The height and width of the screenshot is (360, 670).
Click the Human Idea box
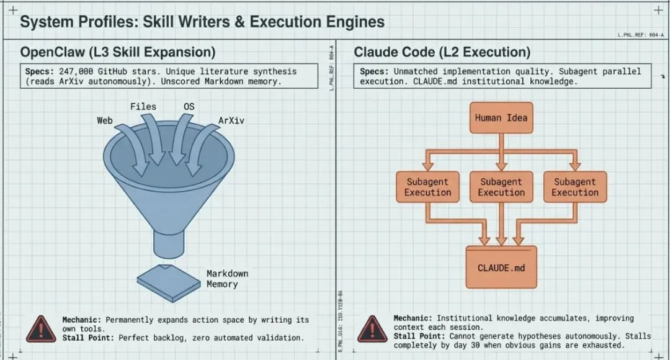click(x=501, y=117)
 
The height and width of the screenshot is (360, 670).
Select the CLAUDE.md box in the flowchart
click(x=501, y=268)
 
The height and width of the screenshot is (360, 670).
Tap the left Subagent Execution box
click(x=427, y=187)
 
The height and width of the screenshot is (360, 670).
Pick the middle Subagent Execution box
click(x=501, y=187)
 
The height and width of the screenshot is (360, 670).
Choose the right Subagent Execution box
click(x=574, y=187)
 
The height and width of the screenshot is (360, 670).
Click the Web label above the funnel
click(x=105, y=120)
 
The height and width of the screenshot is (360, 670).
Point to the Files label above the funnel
click(x=143, y=107)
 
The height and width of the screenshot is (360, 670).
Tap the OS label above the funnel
click(x=189, y=107)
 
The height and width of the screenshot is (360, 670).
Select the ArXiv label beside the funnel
click(x=231, y=120)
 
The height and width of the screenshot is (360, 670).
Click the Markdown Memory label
click(x=226, y=279)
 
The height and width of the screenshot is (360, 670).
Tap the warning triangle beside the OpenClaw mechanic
click(x=41, y=328)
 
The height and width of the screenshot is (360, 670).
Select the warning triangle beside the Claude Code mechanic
click(x=372, y=328)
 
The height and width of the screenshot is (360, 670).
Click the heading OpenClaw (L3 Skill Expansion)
click(x=118, y=52)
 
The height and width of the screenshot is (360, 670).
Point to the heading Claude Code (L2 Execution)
click(x=442, y=52)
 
